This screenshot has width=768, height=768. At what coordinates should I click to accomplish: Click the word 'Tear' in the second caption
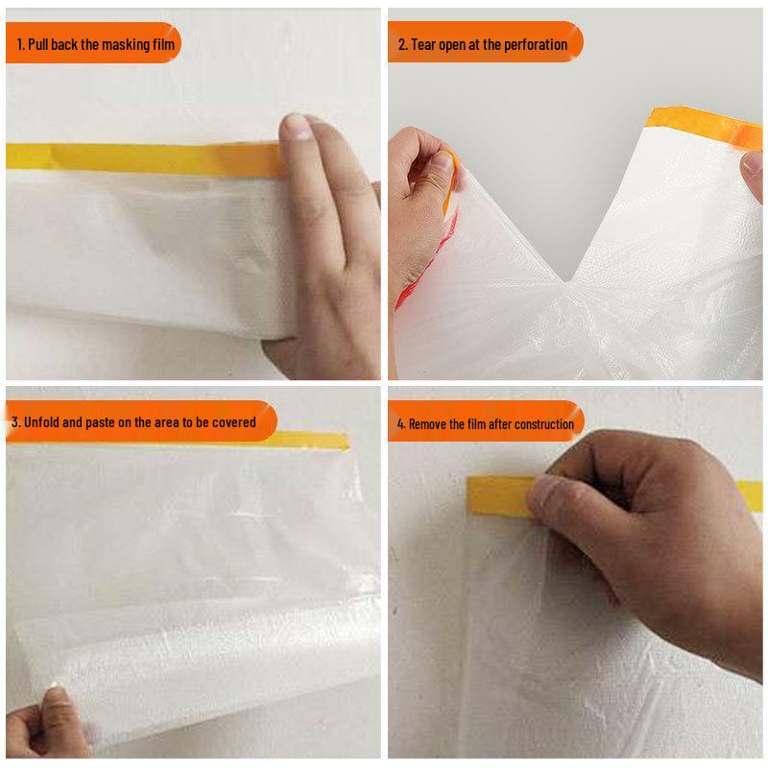pyautogui.click(x=424, y=44)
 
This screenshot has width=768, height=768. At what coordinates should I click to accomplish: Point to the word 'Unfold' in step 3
pyautogui.click(x=43, y=421)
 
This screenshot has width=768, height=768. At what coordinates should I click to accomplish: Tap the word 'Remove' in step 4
pyautogui.click(x=429, y=423)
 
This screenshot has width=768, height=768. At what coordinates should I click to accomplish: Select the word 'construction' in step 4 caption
pyautogui.click(x=544, y=423)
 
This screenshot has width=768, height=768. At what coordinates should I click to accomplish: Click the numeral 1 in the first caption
pyautogui.click(x=20, y=44)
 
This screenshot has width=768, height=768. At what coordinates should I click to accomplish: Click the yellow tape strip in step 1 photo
pyautogui.click(x=144, y=156)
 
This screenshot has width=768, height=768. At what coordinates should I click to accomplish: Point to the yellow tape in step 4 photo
pyautogui.click(x=499, y=492)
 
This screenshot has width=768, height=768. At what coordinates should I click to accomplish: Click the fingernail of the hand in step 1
pyautogui.click(x=297, y=126)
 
